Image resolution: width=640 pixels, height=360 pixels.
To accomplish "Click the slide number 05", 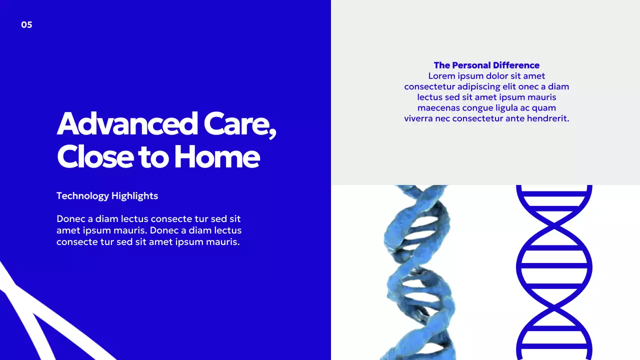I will click(26, 25).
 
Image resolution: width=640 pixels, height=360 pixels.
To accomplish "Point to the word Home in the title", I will click(216, 156).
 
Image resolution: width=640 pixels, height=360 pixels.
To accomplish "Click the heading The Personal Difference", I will click(486, 65).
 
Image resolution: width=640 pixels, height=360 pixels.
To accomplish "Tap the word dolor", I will click(498, 76).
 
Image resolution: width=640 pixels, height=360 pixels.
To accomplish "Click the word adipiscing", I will click(481, 86).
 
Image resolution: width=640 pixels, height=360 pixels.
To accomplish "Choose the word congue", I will click(478, 108).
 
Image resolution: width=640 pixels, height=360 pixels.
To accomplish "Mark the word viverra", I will click(418, 118).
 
